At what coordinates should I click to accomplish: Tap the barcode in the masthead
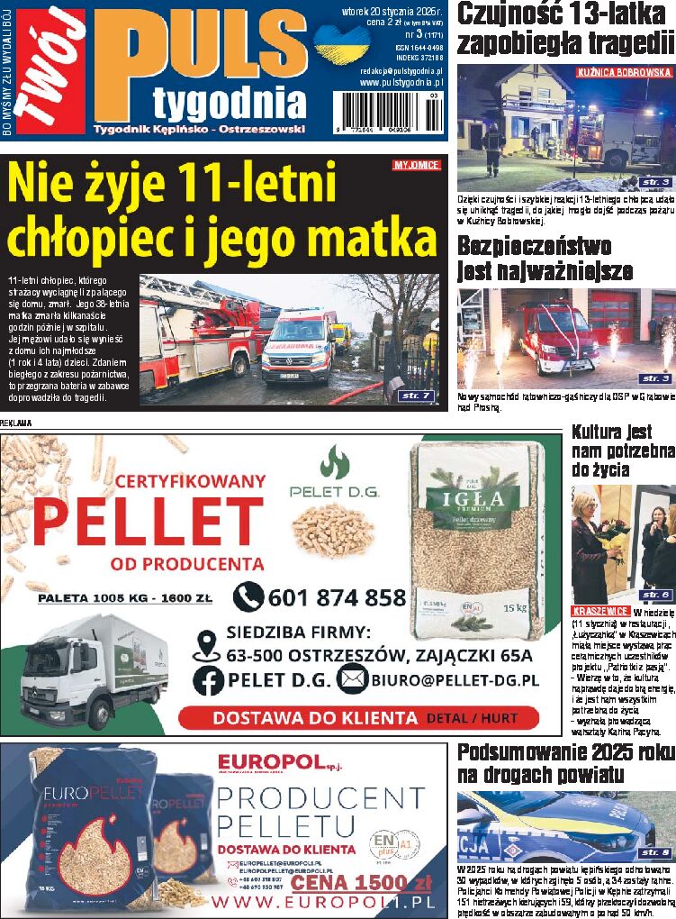388,114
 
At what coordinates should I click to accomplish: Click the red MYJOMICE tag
416,165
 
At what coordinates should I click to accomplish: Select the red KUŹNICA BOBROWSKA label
625,71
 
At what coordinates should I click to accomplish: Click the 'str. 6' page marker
655,595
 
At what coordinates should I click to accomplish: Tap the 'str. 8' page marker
655,852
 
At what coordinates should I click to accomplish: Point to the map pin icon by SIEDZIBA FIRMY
207,643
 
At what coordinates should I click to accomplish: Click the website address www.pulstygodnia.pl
401,83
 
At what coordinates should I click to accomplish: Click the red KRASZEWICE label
600,611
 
